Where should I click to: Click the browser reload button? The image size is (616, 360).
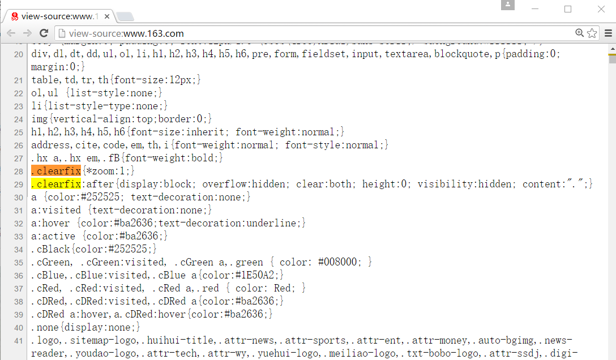tap(44, 33)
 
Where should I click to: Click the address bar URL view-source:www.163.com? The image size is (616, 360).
tap(126, 33)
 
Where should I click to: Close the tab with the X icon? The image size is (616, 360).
tap(106, 16)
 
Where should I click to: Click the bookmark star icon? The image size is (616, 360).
tap(592, 33)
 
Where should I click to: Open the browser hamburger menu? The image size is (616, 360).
tap(608, 33)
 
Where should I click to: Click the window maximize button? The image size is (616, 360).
tap(568, 9)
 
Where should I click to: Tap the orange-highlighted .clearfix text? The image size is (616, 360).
tap(56, 170)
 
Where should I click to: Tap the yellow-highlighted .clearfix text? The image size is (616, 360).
tap(56, 184)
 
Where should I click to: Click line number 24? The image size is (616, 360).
tap(19, 119)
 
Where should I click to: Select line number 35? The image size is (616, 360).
tap(19, 263)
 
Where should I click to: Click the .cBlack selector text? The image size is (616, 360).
tap(51, 249)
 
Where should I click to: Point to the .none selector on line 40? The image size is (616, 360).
tap(45, 327)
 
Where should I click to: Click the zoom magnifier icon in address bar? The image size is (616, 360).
tap(579, 33)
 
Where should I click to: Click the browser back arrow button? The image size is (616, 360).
tap(11, 33)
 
